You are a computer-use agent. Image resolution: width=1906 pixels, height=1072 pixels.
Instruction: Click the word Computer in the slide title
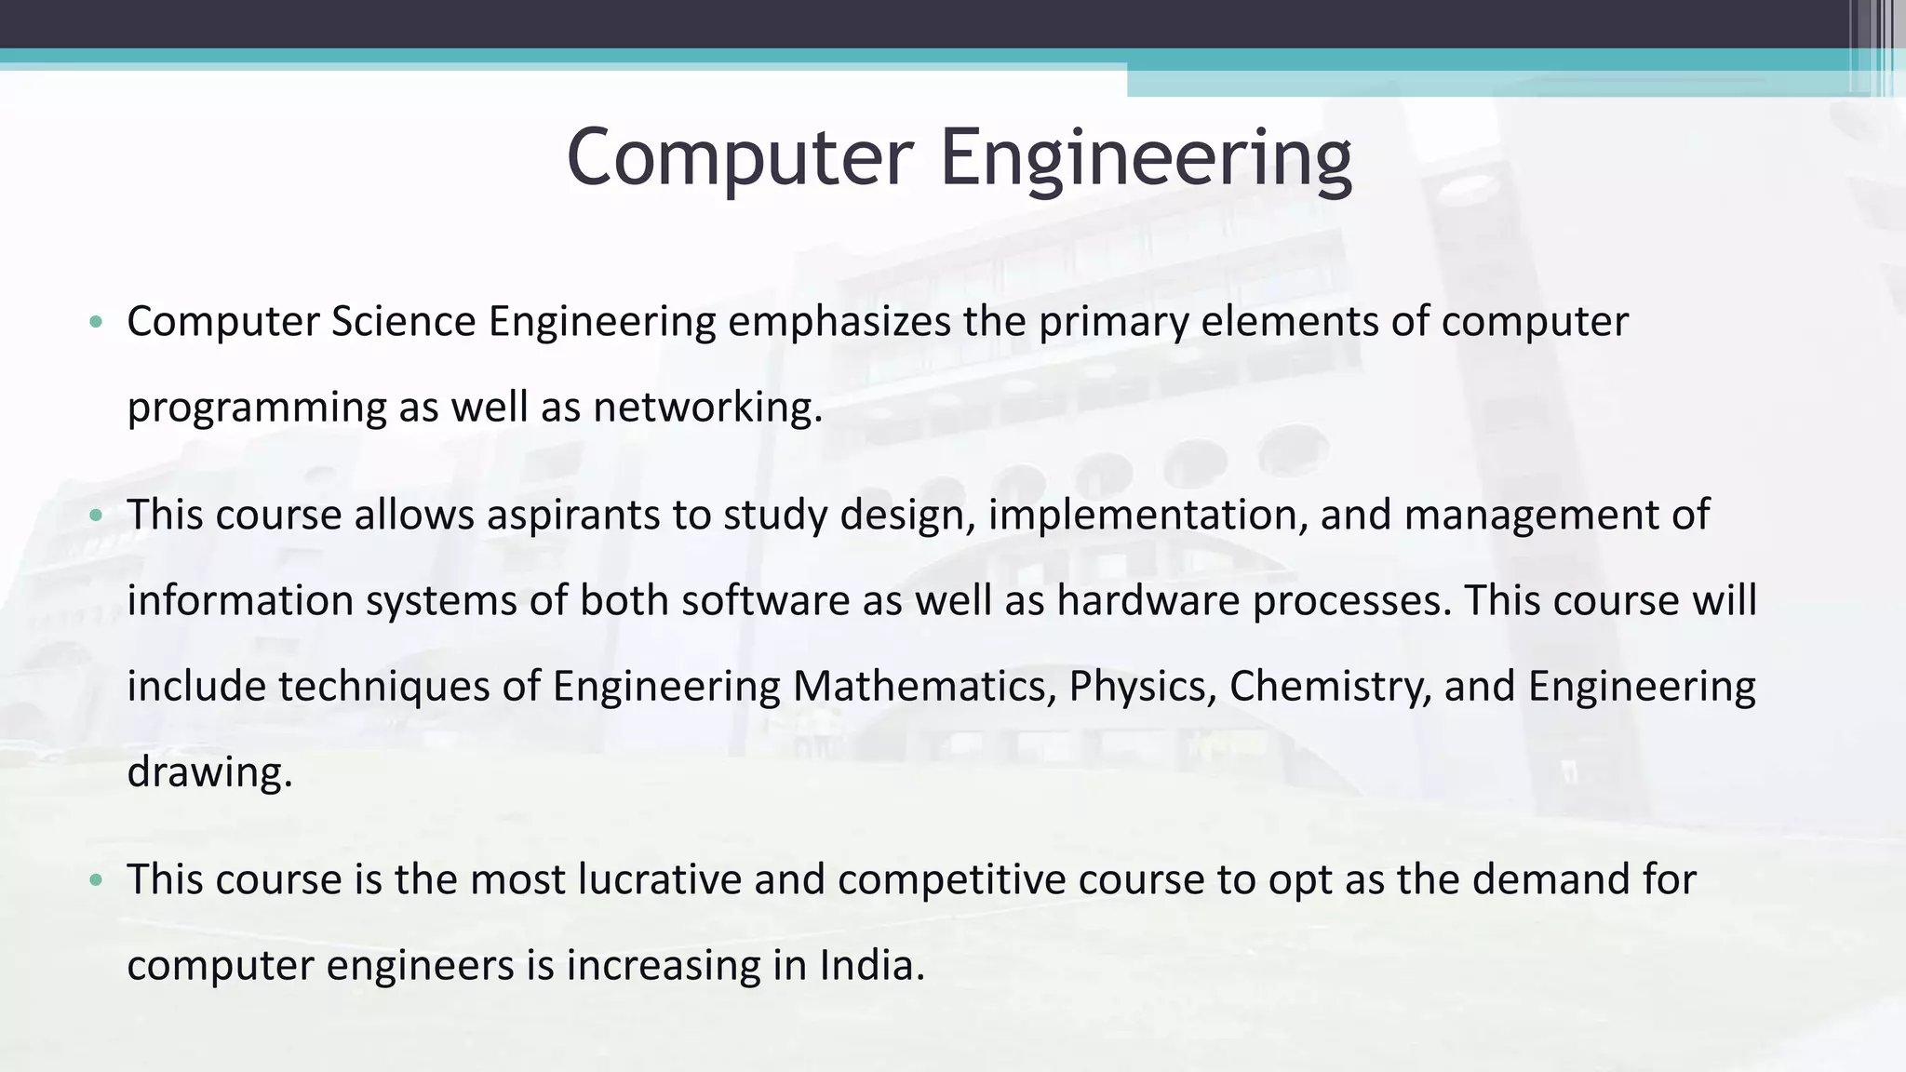(739, 157)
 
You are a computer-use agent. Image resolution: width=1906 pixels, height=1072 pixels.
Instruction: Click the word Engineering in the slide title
(1146, 157)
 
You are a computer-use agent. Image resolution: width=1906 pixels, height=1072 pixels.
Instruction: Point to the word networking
(707, 408)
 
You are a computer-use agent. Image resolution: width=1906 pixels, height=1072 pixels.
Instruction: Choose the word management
(1532, 516)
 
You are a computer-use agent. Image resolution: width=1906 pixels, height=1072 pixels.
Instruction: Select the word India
(871, 966)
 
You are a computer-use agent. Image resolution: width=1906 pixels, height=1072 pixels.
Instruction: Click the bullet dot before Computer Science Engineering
(95, 323)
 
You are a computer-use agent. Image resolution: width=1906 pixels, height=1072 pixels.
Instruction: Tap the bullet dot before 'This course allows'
(95, 516)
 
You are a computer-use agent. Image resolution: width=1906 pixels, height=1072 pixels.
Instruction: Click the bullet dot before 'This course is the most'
(95, 880)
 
